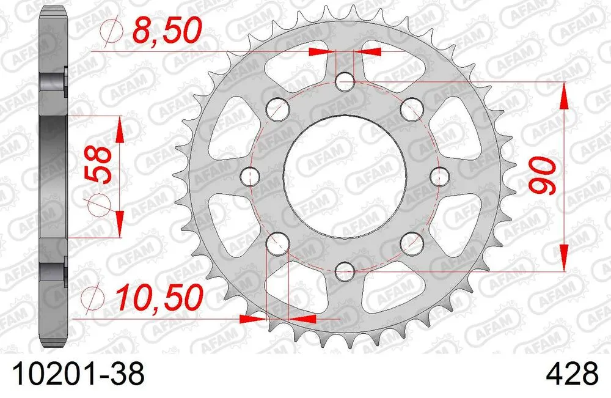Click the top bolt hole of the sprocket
[x=345, y=80]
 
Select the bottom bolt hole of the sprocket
[x=345, y=270]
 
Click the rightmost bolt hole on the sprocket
[x=439, y=176]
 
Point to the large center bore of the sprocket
[x=345, y=176]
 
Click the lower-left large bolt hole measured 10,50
[x=277, y=243]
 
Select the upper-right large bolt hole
[x=413, y=109]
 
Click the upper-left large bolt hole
[x=278, y=109]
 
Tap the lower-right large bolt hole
[x=413, y=243]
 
